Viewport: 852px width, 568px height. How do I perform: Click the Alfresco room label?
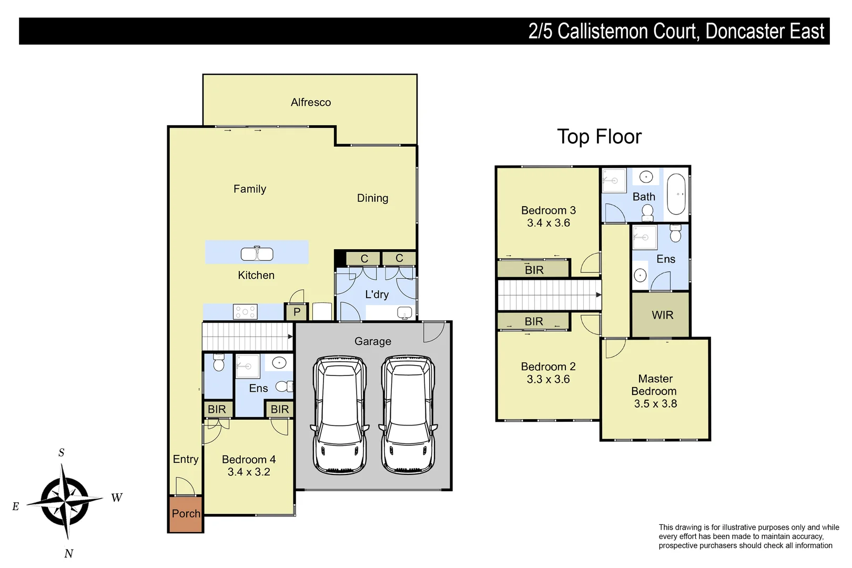[311, 102]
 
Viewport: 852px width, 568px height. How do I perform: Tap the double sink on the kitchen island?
[257, 254]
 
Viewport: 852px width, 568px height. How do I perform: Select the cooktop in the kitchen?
[245, 312]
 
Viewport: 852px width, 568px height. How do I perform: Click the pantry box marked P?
[297, 312]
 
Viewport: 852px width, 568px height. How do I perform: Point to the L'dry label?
[377, 295]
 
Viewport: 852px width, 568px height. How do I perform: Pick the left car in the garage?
[339, 415]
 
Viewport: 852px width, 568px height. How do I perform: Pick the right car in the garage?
[408, 415]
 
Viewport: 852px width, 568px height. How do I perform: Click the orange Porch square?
[186, 514]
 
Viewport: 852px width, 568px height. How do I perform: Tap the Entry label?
[186, 459]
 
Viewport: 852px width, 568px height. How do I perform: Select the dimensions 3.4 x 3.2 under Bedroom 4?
[249, 472]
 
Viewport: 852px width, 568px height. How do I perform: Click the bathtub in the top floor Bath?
[676, 194]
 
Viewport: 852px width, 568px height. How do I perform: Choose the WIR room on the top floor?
[662, 315]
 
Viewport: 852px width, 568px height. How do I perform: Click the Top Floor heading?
[599, 137]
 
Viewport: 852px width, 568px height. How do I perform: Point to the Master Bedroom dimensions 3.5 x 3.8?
[655, 404]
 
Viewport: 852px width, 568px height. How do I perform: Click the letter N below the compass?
[69, 553]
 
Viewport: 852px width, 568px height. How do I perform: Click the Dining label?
[372, 198]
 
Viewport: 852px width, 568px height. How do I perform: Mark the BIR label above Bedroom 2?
[533, 321]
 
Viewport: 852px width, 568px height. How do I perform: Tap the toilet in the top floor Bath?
[647, 212]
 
